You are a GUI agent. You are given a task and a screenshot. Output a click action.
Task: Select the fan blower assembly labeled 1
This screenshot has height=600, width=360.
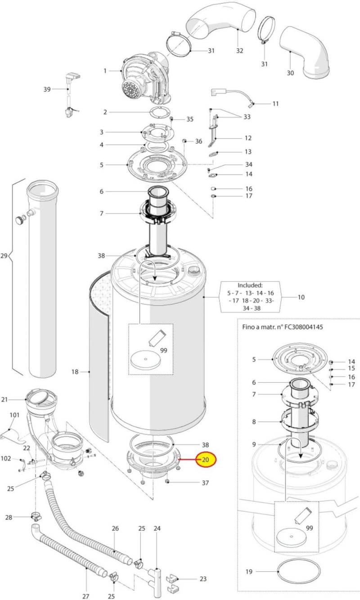click(x=146, y=79)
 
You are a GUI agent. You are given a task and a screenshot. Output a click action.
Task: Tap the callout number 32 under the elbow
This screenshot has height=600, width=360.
click(x=239, y=50)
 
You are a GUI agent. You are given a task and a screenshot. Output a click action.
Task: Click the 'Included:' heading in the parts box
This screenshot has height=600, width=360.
click(x=250, y=285)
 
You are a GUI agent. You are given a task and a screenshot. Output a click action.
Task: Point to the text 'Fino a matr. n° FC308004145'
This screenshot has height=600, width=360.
click(x=283, y=327)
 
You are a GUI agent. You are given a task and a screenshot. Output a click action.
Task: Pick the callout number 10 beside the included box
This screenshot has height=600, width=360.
click(x=301, y=297)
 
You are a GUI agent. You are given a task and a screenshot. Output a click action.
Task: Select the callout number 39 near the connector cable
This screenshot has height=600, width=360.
click(x=47, y=89)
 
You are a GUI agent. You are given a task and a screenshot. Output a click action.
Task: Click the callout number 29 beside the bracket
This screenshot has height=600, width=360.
click(x=4, y=256)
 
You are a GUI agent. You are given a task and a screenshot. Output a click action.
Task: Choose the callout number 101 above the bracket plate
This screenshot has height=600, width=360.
click(x=14, y=415)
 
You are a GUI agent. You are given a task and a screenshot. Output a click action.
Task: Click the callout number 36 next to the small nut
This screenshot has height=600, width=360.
click(x=198, y=141)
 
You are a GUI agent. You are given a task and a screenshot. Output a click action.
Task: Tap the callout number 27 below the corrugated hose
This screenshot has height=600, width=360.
click(x=85, y=596)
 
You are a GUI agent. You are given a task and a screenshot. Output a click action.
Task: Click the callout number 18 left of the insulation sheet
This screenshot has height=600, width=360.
click(x=75, y=372)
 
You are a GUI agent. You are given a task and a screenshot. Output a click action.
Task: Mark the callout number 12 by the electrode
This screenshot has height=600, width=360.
click(x=248, y=138)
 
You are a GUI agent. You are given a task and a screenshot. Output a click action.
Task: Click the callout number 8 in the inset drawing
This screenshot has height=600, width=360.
click(x=254, y=422)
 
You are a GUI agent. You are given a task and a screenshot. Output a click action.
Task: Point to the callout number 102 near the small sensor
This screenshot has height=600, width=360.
click(x=5, y=458)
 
